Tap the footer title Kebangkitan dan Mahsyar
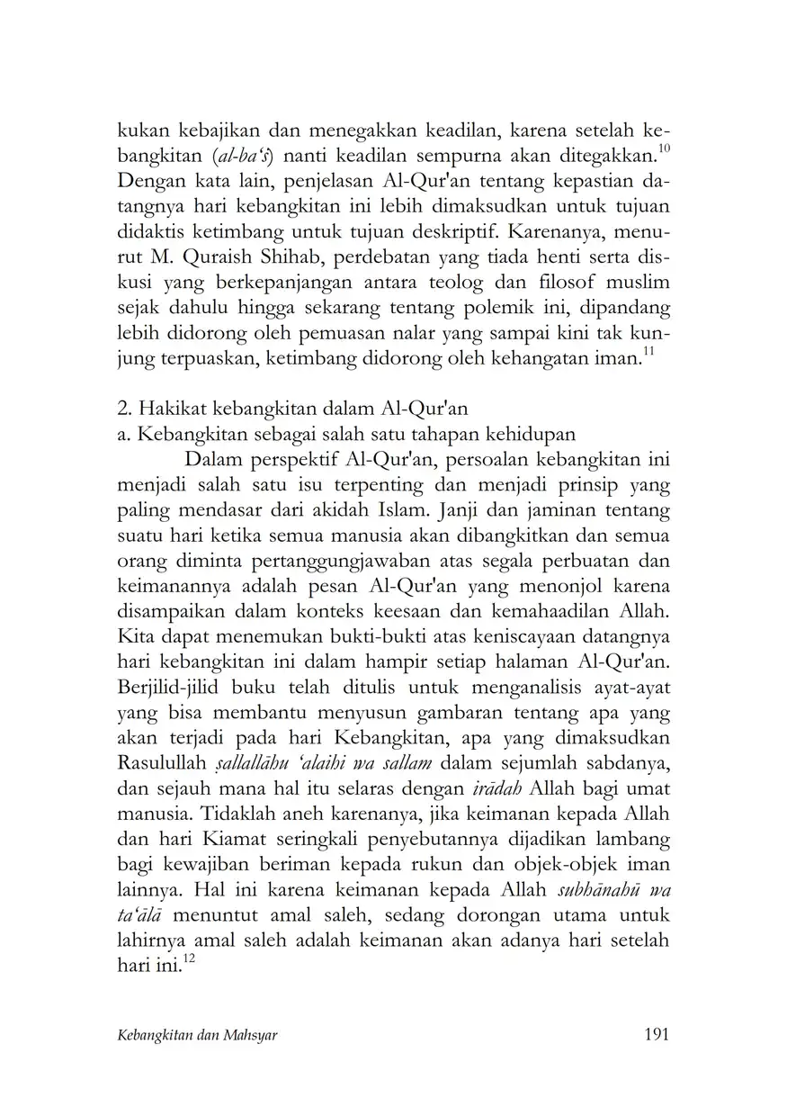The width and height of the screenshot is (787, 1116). (197, 1036)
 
